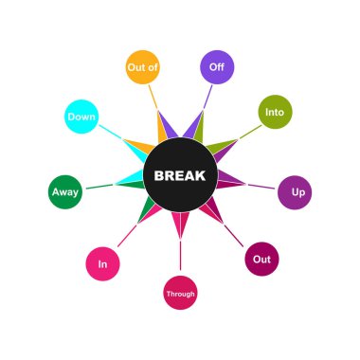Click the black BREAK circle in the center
pyautogui.click(x=180, y=194)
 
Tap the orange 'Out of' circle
pyautogui.click(x=142, y=67)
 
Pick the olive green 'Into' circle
pyautogui.click(x=275, y=112)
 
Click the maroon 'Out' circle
pyautogui.click(x=261, y=259)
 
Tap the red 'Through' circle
pyautogui.click(x=180, y=294)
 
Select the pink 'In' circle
pyautogui.click(x=102, y=263)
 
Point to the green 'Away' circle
pyautogui.click(x=65, y=192)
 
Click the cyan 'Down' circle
pyautogui.click(x=81, y=117)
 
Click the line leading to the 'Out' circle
pyautogui.click(x=236, y=237)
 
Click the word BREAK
pyautogui.click(x=180, y=176)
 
